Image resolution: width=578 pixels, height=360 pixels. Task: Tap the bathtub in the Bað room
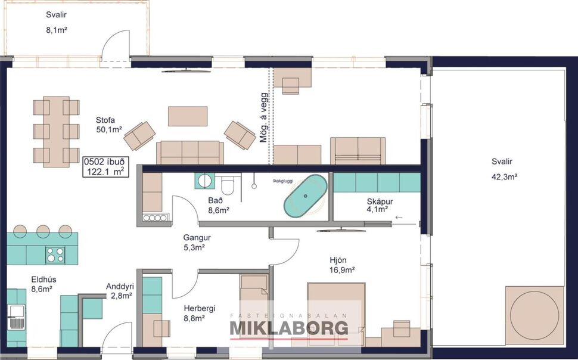[x=305, y=195]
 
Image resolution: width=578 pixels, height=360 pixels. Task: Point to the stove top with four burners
[x=56, y=255]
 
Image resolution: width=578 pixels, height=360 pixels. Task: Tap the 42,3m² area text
[x=504, y=176]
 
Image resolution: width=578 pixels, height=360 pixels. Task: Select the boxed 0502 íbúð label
[x=104, y=166]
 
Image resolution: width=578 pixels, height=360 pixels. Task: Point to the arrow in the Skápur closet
[x=399, y=218]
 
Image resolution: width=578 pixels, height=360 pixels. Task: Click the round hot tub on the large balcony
[x=535, y=315]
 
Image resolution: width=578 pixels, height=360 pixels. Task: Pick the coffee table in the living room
[x=188, y=116]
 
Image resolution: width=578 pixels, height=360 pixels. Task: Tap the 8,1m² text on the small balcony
[x=57, y=28]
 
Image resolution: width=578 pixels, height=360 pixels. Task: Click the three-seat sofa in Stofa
[x=190, y=152]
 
